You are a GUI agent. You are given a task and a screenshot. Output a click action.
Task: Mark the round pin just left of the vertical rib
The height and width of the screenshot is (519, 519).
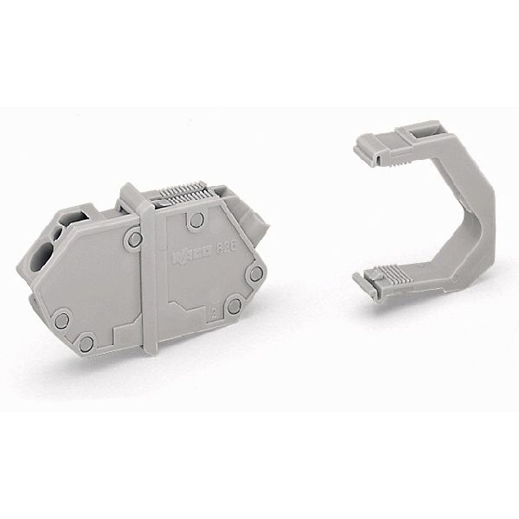point(132,234)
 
